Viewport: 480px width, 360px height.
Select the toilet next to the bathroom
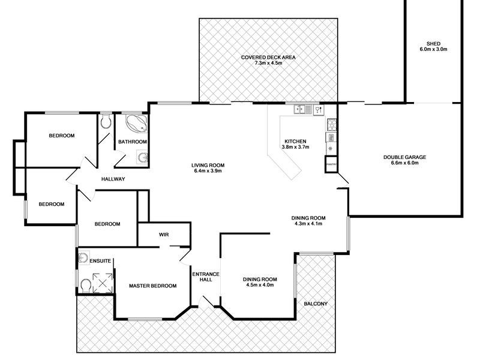(x=106, y=122)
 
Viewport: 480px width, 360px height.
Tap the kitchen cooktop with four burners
(x=330, y=125)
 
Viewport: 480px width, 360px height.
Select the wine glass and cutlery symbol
(x=318, y=109)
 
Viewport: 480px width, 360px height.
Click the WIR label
(x=164, y=235)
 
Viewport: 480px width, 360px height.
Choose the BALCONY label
(x=316, y=304)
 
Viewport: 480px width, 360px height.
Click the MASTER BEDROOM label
(x=152, y=286)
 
